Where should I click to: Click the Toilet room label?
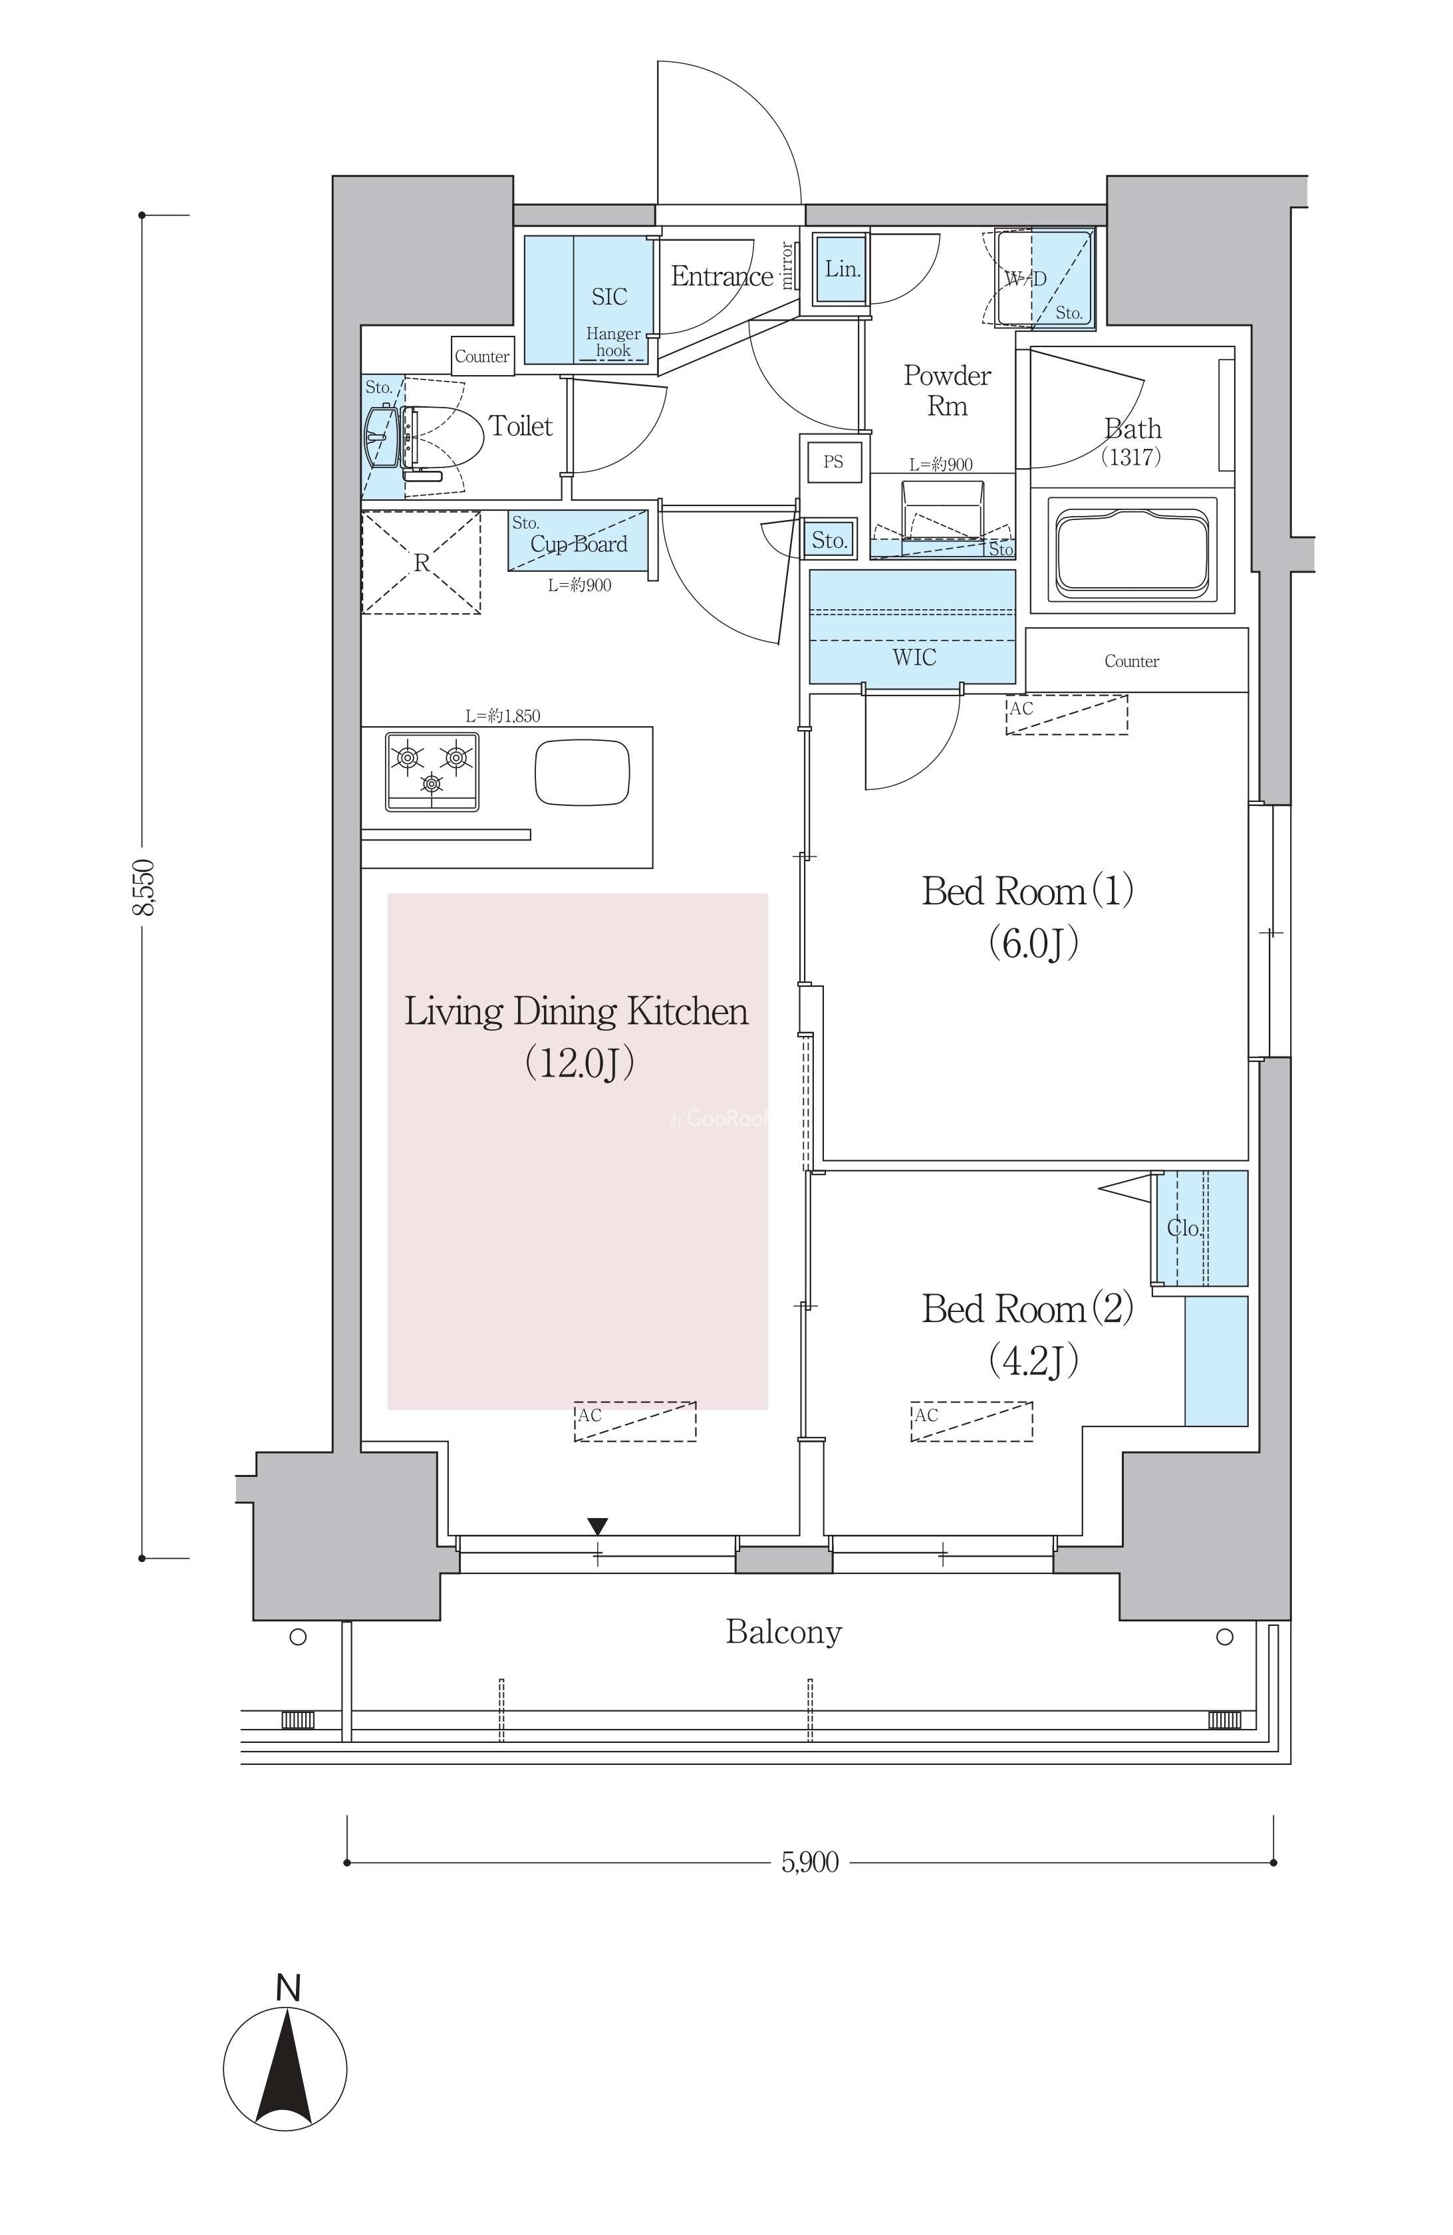pos(520,426)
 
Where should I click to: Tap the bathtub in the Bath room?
pos(1131,553)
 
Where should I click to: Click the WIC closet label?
pos(914,658)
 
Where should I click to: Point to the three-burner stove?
pos(431,771)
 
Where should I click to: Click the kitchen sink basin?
pos(583,772)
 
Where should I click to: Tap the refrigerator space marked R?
pos(422,563)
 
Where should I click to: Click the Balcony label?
pos(783,1631)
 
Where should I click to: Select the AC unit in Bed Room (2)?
pos(971,1421)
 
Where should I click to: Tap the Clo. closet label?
pos(1184,1228)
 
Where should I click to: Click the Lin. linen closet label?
pos(843,269)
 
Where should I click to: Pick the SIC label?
pos(608,297)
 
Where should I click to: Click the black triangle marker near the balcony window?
pos(597,1526)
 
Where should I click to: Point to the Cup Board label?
pos(579,544)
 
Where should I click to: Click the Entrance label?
pos(722,276)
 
